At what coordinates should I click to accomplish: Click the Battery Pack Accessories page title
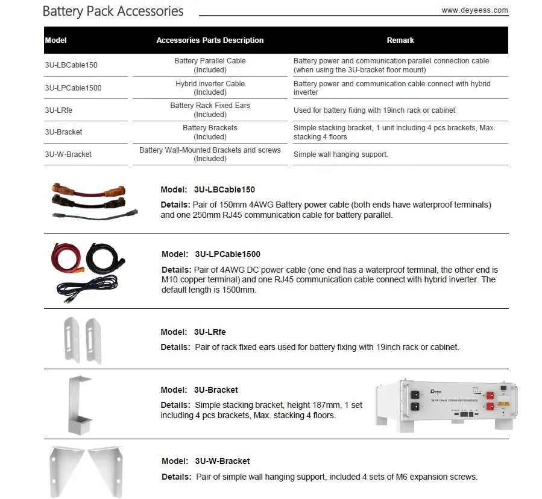tap(113, 11)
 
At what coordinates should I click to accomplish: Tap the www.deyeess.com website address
tap(474, 10)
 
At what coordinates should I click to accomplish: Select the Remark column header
tap(400, 40)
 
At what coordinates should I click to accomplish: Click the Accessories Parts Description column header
tap(210, 40)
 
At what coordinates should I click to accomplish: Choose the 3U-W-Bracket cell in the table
tap(68, 154)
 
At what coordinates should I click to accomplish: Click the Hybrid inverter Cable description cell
tap(210, 87)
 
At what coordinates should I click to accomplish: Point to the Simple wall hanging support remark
tap(341, 154)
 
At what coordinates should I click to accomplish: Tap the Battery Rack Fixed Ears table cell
tap(210, 110)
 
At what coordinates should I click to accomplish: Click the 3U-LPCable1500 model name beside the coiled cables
tap(227, 254)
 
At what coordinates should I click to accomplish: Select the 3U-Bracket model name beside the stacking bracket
tap(216, 390)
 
